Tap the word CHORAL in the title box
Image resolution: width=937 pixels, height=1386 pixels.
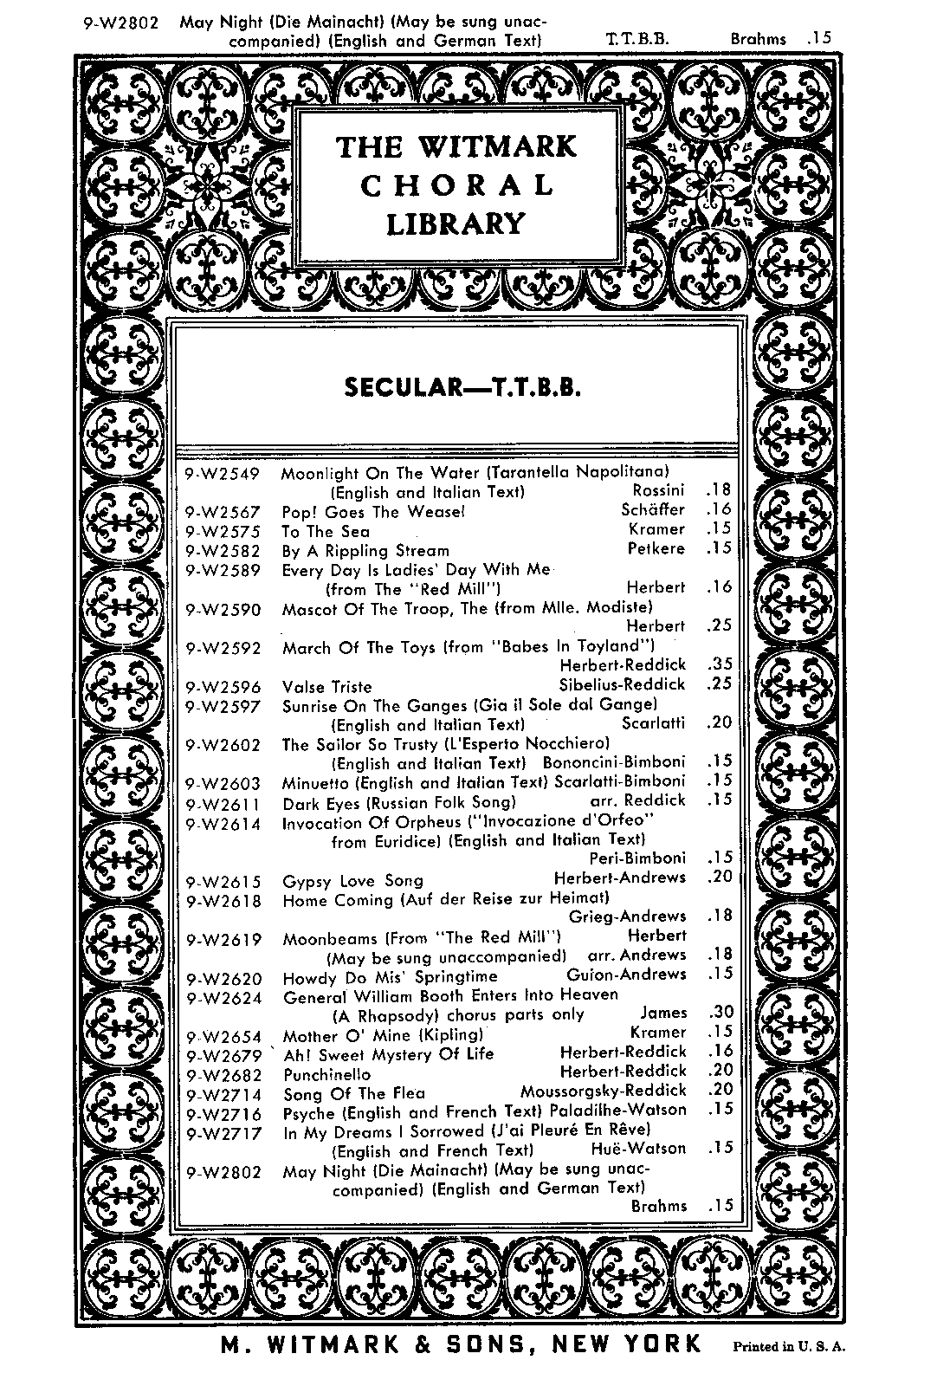point(456,185)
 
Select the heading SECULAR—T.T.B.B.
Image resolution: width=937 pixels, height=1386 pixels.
point(462,386)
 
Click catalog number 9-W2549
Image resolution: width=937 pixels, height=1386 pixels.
point(223,473)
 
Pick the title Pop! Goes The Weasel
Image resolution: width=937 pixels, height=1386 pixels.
point(374,512)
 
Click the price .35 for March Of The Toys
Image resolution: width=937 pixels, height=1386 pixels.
point(720,665)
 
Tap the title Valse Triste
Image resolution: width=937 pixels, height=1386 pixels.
point(326,687)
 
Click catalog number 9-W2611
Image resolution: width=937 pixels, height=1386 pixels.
point(223,803)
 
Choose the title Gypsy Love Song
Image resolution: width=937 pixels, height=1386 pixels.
point(352,881)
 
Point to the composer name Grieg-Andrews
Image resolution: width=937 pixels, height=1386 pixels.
point(627,916)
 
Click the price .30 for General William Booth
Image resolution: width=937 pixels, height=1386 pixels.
point(721,1013)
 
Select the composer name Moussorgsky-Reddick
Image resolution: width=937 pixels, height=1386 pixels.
point(603,1091)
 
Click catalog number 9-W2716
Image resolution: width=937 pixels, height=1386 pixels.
point(223,1113)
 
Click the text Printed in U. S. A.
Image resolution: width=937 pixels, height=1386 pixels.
point(789,1347)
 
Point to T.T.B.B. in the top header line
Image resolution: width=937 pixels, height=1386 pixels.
point(638,39)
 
